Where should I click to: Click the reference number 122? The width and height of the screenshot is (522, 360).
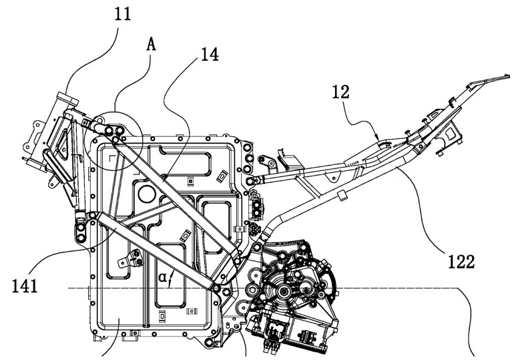click(461, 262)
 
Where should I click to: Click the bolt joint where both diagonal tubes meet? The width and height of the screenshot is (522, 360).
click(215, 287)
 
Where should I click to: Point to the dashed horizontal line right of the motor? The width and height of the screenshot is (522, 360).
click(401, 289)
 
